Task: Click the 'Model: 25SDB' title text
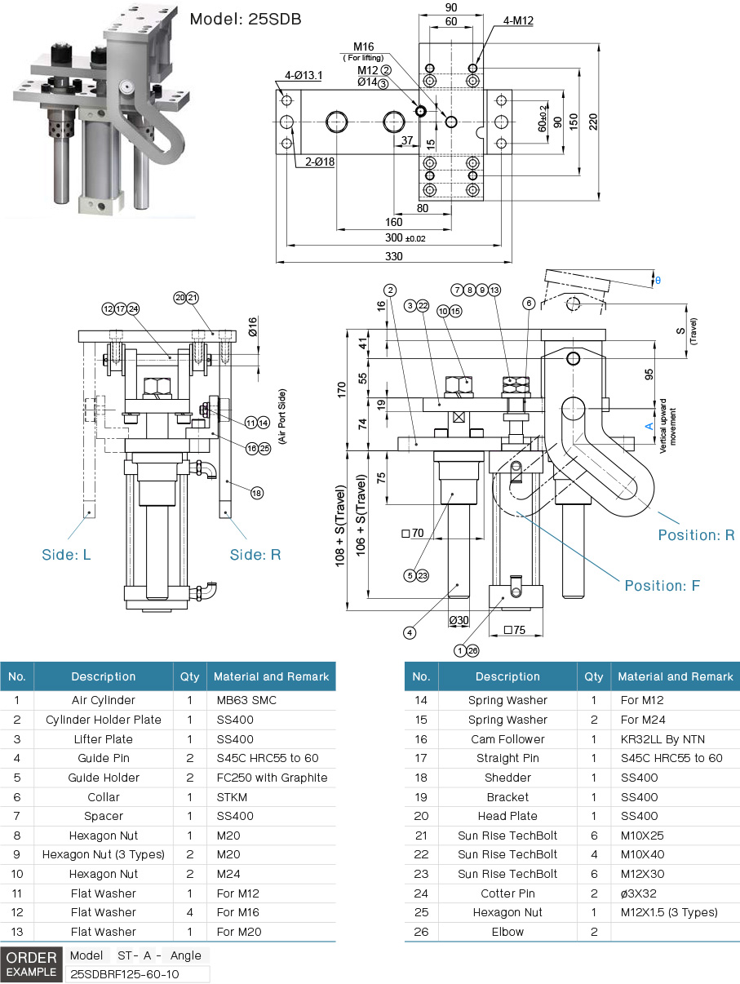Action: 246,18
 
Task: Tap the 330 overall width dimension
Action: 394,256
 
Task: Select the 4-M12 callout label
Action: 518,20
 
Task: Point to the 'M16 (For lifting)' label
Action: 364,51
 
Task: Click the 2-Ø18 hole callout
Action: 319,162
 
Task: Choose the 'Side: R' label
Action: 255,555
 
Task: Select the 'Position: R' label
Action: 696,535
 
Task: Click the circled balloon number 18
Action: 257,493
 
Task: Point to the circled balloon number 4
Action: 410,632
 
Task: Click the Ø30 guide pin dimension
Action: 459,620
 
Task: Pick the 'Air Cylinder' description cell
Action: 103,700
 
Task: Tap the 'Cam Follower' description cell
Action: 507,739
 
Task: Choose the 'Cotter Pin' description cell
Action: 507,893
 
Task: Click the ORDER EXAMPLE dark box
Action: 32,964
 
